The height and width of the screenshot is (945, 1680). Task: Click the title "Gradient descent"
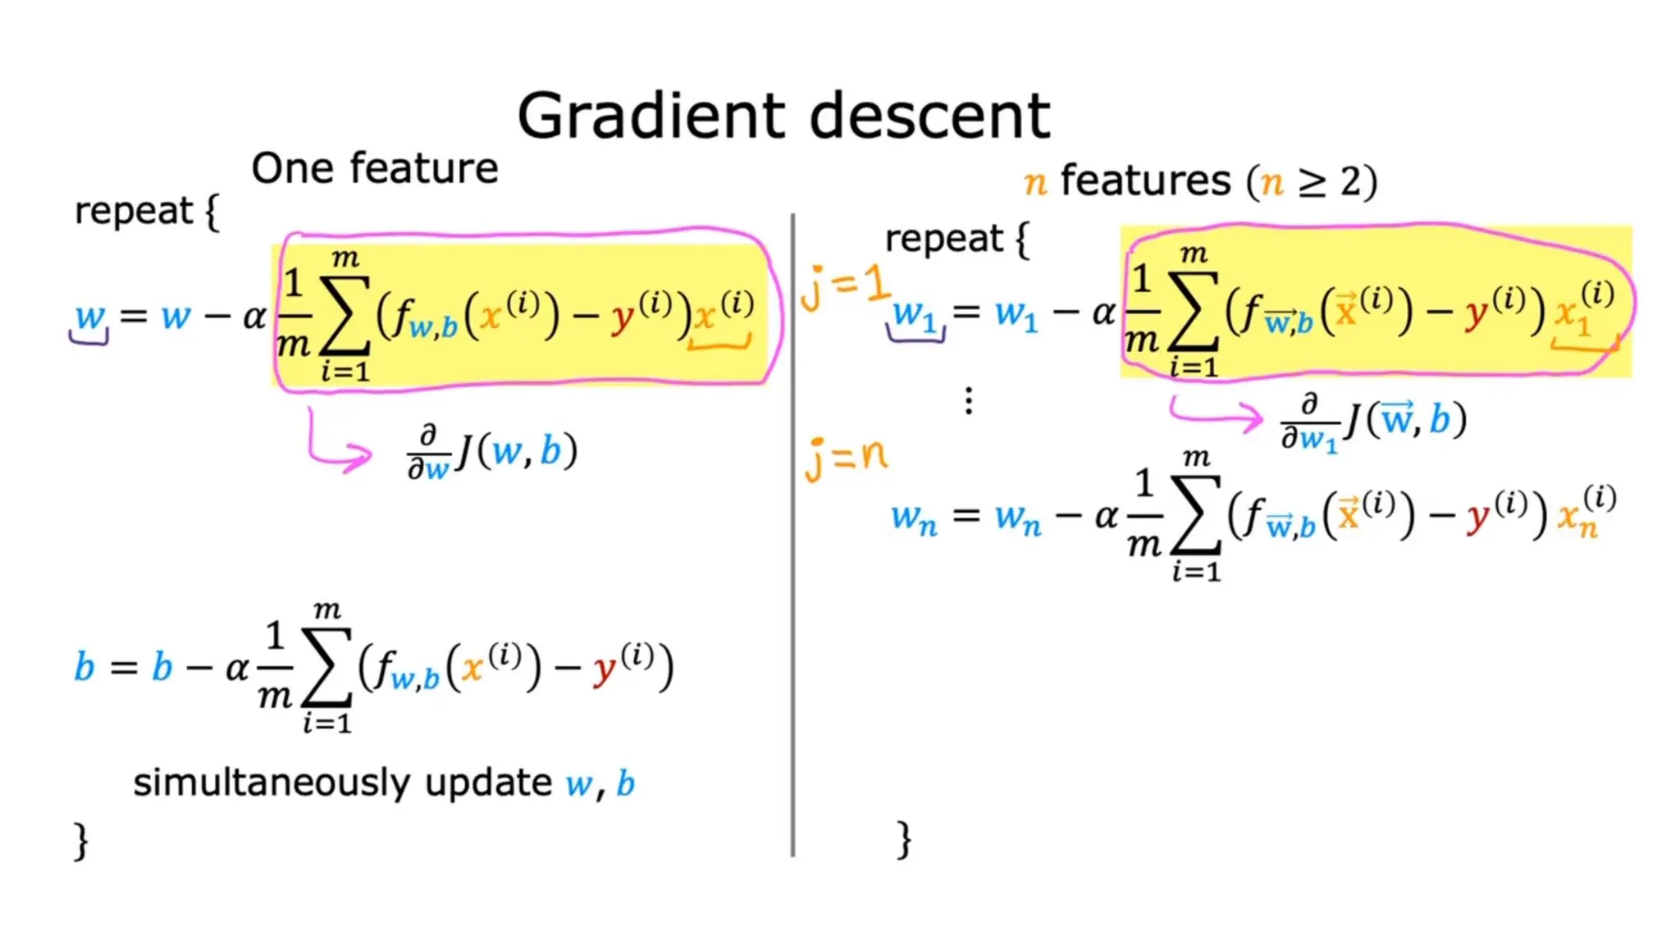click(783, 116)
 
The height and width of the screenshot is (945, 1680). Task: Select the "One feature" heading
click(374, 168)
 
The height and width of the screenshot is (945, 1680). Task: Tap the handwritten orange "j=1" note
click(845, 287)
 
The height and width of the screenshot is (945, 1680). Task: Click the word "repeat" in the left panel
click(133, 211)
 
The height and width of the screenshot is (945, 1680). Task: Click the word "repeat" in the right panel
click(943, 239)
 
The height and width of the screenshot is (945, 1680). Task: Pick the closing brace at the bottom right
click(904, 839)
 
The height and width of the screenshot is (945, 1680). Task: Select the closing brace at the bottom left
click(80, 841)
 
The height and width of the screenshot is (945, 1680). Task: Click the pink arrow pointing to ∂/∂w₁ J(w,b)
click(1218, 413)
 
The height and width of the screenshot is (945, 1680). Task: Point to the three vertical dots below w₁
click(969, 401)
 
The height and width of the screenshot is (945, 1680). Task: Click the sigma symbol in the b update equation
click(326, 666)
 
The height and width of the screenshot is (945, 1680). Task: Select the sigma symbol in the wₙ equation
click(1195, 515)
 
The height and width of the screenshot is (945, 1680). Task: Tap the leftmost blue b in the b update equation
click(84, 667)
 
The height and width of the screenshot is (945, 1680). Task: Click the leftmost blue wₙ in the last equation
click(914, 518)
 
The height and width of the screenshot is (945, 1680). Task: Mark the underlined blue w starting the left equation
click(90, 317)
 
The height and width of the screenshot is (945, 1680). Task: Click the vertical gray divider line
click(792, 533)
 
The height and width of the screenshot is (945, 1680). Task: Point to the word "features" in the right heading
click(1145, 180)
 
